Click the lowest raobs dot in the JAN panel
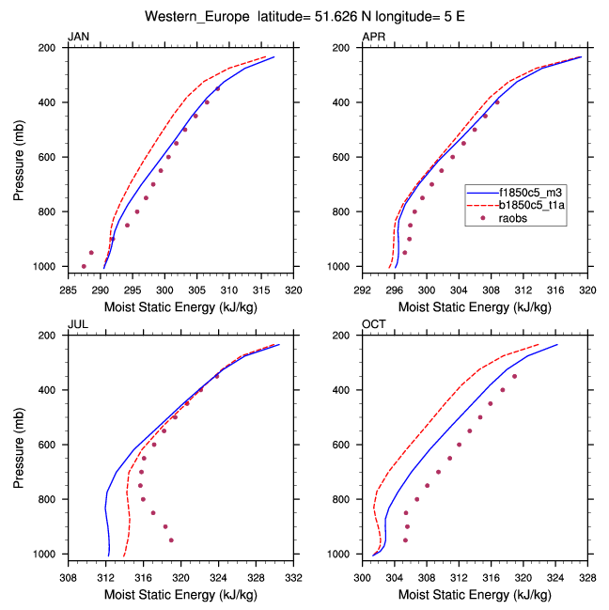coord(84,267)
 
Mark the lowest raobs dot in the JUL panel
coord(171,540)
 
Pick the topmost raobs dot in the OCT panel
coord(514,376)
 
